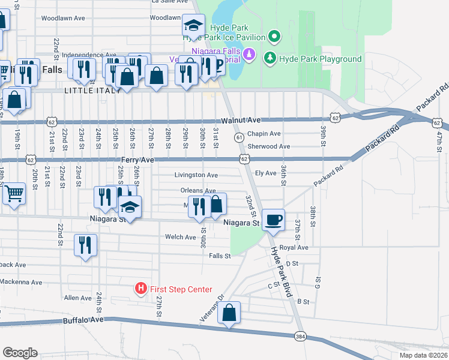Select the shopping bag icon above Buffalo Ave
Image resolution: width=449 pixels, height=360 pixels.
click(x=229, y=313)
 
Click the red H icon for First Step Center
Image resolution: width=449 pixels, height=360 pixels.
click(x=140, y=289)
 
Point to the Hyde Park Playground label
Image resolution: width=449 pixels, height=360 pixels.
click(x=320, y=59)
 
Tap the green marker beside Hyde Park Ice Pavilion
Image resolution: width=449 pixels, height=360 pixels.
click(x=274, y=37)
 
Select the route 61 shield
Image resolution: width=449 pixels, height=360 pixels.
click(x=238, y=137)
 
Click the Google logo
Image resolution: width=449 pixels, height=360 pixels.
click(x=20, y=352)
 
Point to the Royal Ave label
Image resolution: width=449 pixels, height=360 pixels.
click(x=294, y=247)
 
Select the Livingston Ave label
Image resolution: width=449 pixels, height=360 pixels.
click(x=196, y=175)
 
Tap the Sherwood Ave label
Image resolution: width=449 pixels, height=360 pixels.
click(x=269, y=146)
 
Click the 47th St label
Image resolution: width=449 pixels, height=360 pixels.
click(x=439, y=144)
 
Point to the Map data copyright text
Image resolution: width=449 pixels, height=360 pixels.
click(x=423, y=355)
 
